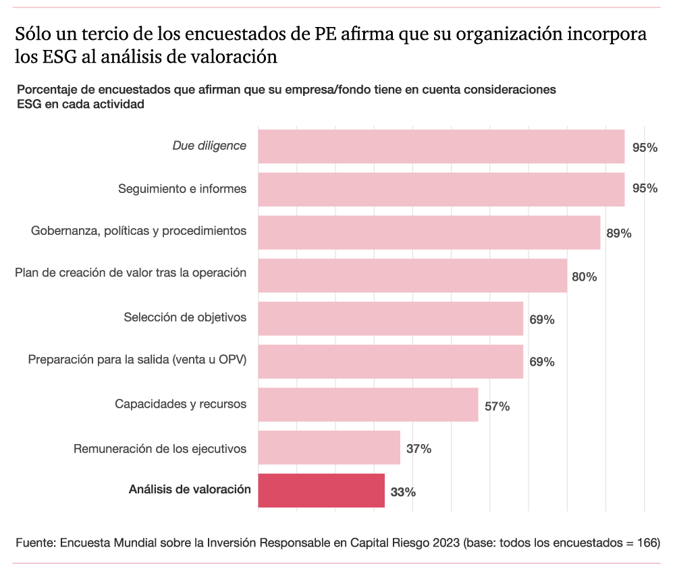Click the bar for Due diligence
[x=441, y=146]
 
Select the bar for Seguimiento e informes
[x=441, y=189]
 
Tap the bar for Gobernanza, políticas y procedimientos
[x=429, y=232]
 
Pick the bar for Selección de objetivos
[x=391, y=319]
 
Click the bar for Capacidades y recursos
[x=369, y=404]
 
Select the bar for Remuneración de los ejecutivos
[x=329, y=447]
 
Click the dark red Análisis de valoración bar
[x=321, y=491]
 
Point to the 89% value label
[x=618, y=234]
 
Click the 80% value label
[x=584, y=277]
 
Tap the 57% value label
[x=497, y=406]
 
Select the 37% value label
[x=418, y=449]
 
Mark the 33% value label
[x=403, y=493]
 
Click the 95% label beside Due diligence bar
[x=645, y=148]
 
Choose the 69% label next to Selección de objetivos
[x=542, y=320]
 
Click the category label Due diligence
[x=209, y=146]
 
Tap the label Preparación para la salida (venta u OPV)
[x=137, y=360]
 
